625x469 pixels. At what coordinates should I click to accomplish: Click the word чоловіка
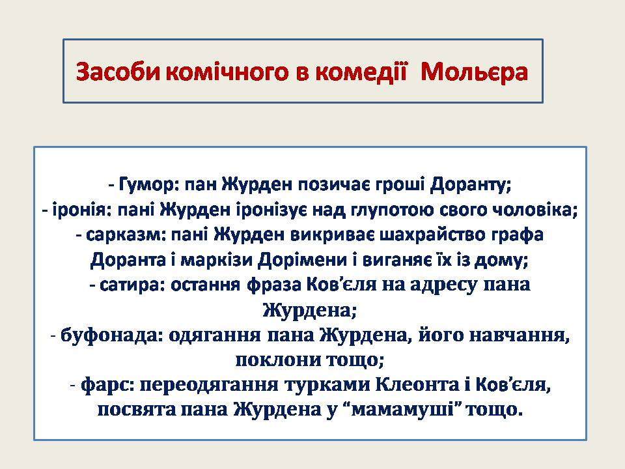540,210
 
